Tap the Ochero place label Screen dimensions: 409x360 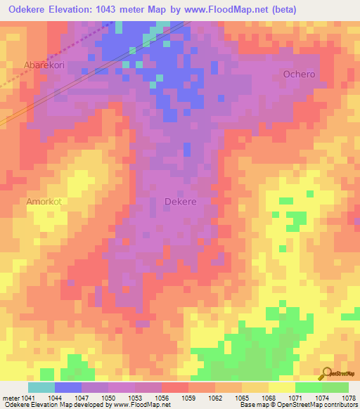pyautogui.click(x=299, y=74)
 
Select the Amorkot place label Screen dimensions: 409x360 pyautogui.click(x=44, y=201)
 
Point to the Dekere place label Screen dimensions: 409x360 pyautogui.click(x=180, y=201)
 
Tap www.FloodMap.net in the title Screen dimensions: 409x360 pyautogui.click(x=220, y=10)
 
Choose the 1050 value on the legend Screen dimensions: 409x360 pyautogui.click(x=108, y=397)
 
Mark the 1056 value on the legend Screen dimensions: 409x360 pyautogui.click(x=162, y=397)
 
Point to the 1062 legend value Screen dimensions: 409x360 pyautogui.click(x=215, y=397)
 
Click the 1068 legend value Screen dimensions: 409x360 pyautogui.click(x=269, y=397)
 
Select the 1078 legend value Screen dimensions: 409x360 pyautogui.click(x=348, y=397)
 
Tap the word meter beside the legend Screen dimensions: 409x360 pyautogui.click(x=9, y=397)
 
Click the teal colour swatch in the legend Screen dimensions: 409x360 pyautogui.click(x=41, y=387)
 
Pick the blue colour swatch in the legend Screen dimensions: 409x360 pyautogui.click(x=68, y=387)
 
